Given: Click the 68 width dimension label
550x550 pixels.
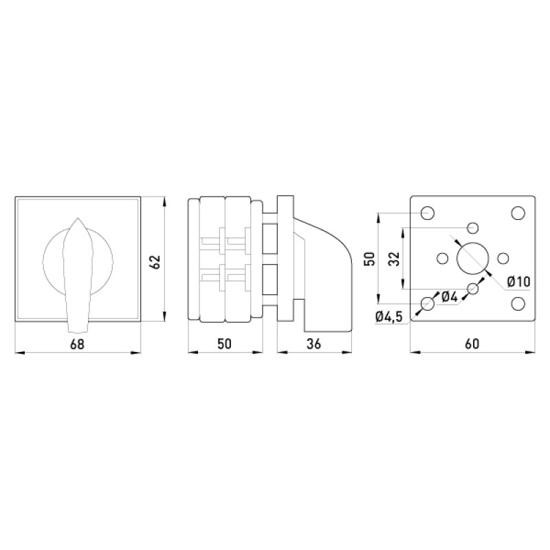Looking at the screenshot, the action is point(78,344).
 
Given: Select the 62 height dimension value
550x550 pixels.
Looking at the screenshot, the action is point(155,261).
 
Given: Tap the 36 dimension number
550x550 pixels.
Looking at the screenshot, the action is point(313,344).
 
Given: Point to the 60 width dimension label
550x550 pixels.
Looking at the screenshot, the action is point(472,344).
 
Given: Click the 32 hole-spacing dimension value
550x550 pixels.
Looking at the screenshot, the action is point(395,259).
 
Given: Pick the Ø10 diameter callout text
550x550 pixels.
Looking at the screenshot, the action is point(519,281).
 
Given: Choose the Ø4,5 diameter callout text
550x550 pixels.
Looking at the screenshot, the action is point(388,317).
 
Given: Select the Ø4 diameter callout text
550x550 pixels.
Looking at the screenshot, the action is point(450,297).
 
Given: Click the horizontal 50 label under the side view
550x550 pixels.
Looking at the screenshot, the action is point(225,344).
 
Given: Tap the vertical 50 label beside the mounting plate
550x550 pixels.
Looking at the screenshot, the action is point(370,259).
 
